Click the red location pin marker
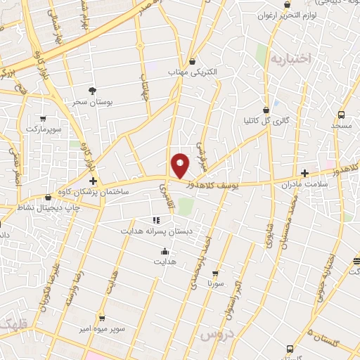[180, 165]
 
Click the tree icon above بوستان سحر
[92, 91]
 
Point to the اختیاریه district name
[290, 59]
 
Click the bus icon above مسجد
[341, 114]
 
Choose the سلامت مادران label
[304, 184]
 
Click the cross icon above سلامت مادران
[304, 173]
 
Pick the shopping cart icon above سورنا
[215, 274]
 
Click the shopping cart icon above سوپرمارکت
[44, 119]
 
